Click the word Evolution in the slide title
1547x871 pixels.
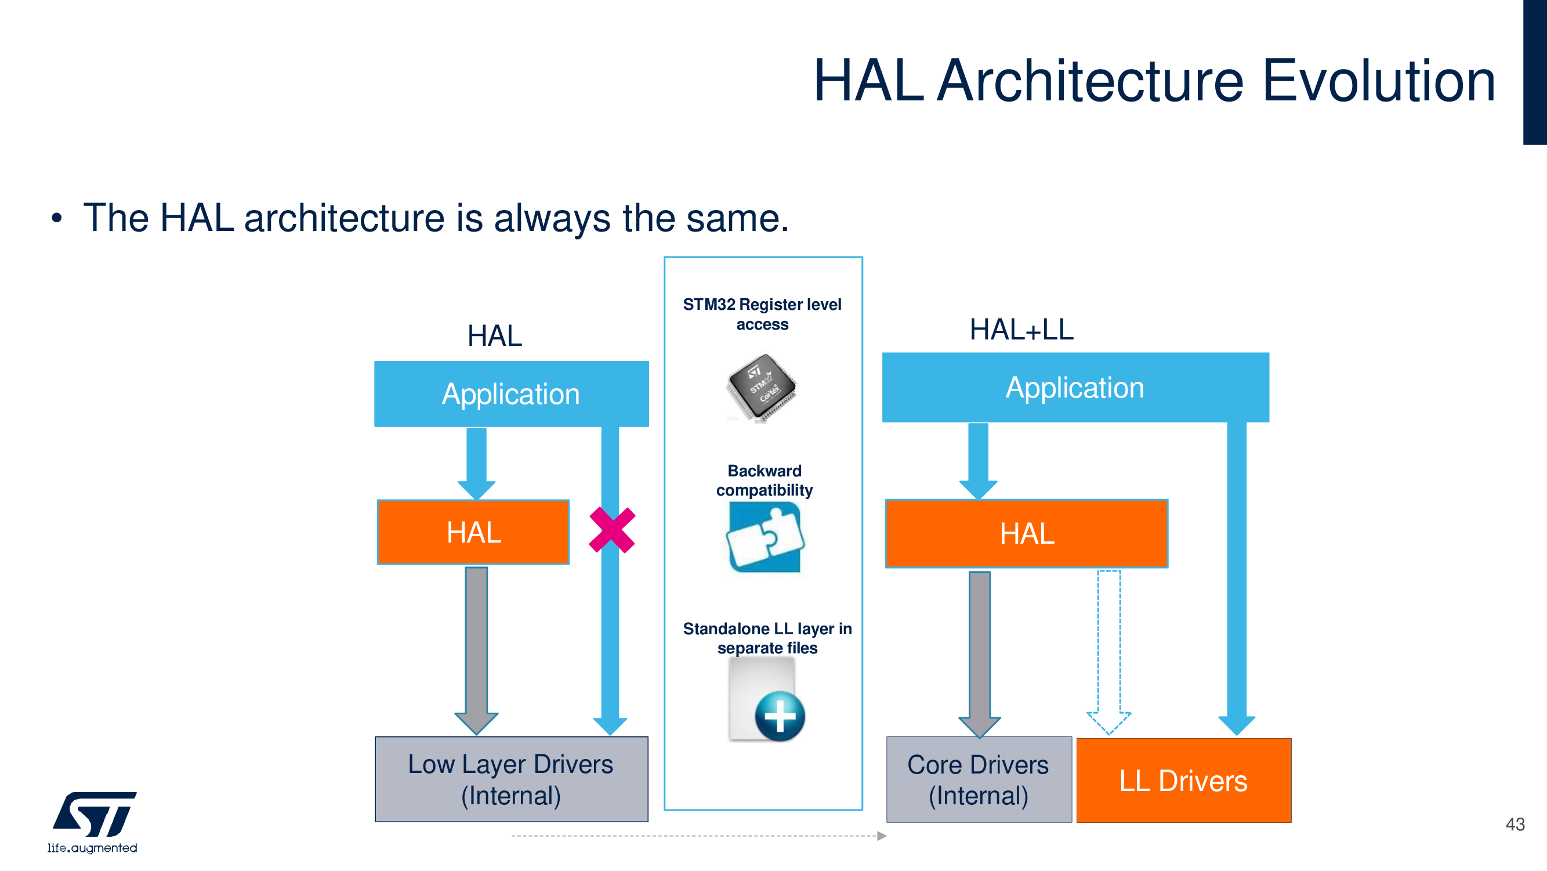[x=1379, y=81]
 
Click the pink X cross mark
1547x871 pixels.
[x=612, y=530]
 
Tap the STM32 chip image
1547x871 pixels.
[x=761, y=388]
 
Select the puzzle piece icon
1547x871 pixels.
[x=765, y=537]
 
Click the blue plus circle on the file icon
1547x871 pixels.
[x=780, y=716]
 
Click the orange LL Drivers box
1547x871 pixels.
[x=1183, y=780]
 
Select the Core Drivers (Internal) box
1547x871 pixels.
[x=979, y=780]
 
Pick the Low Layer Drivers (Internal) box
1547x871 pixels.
[x=511, y=779]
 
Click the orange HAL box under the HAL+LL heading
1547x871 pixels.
[x=1026, y=533]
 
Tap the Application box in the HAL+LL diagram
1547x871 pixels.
[x=1075, y=388]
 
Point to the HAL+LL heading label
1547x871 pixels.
[x=1021, y=330]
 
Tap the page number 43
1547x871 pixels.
[x=1515, y=824]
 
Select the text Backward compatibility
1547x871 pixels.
[x=765, y=480]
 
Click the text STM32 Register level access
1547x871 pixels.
[x=762, y=314]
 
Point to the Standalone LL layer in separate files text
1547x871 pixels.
[x=767, y=638]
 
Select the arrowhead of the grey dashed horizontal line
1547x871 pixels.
[x=882, y=836]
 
